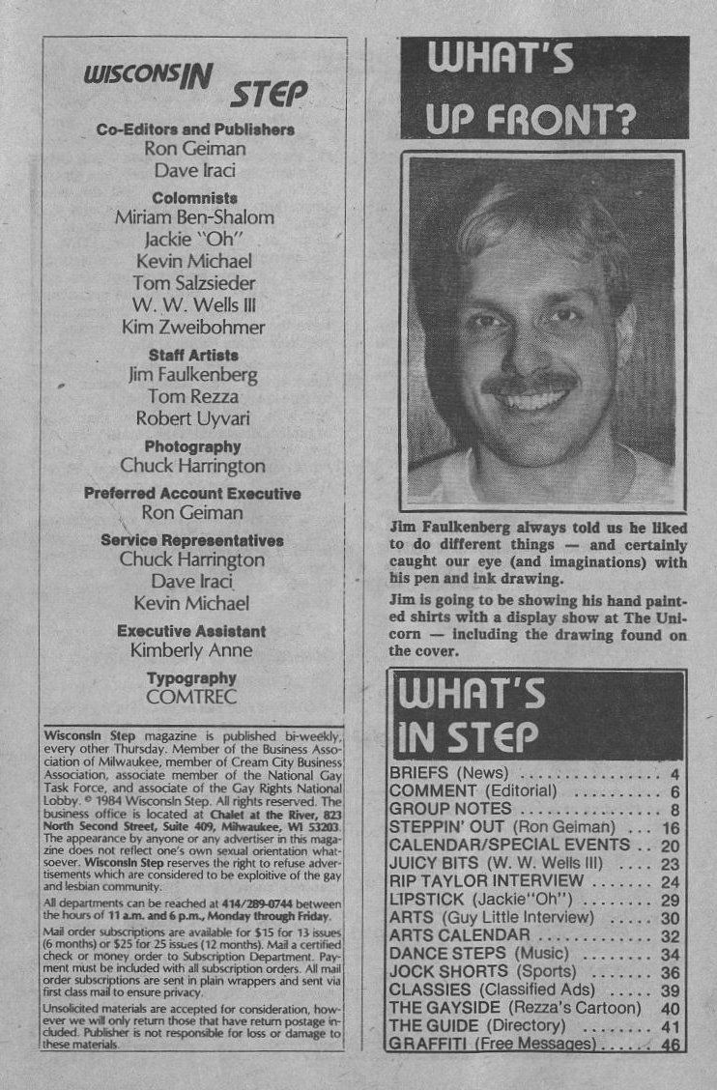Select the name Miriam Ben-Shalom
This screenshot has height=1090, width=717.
coord(194,217)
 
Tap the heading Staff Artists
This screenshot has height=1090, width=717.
coord(193,355)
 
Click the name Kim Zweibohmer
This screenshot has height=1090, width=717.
coord(193,328)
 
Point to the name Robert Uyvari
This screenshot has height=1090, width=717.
coord(193,419)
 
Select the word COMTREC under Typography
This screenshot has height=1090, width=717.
coord(192,696)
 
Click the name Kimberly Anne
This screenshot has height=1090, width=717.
coord(192,650)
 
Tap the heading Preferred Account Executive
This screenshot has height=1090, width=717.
coord(192,493)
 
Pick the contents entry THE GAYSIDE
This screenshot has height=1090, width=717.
coord(514,1008)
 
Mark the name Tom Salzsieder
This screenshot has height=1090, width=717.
coord(194,283)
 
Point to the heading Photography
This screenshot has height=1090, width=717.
coord(192,447)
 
